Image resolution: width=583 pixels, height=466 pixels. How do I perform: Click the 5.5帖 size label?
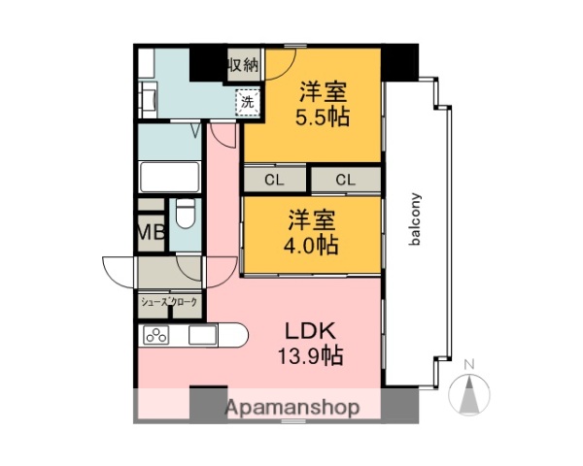[x=323, y=118]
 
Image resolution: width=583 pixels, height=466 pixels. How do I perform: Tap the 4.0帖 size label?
[x=312, y=245]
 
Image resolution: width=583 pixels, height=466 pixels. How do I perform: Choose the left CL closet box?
[x=275, y=180]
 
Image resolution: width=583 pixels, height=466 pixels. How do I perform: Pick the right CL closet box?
[x=345, y=180]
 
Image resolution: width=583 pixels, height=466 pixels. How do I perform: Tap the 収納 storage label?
[x=243, y=66]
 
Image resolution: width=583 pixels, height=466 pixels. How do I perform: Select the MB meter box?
[x=150, y=232]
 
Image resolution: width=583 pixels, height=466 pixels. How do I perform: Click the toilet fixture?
[x=185, y=216]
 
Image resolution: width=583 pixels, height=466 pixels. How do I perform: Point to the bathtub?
[x=170, y=177]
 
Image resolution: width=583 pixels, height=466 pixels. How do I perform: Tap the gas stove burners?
[x=155, y=337]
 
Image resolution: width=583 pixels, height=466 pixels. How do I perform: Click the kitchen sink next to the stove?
[x=202, y=337]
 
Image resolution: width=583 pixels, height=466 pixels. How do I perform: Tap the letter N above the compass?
[x=470, y=365]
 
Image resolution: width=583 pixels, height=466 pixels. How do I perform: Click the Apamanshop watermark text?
[x=292, y=408]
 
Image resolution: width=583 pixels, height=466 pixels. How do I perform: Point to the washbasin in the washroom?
[x=150, y=98]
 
